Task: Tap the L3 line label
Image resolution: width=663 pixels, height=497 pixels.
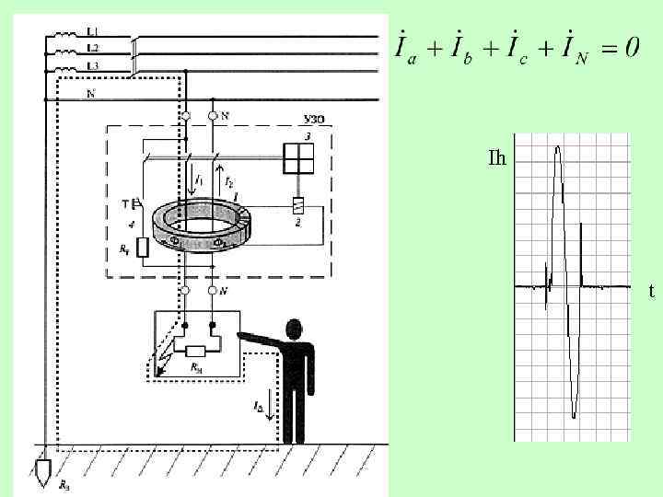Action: click(x=92, y=66)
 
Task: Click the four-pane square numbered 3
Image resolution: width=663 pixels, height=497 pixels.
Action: click(x=298, y=158)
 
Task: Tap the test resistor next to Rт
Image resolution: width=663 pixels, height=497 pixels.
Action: click(x=143, y=248)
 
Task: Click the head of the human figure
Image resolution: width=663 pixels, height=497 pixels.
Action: click(x=296, y=329)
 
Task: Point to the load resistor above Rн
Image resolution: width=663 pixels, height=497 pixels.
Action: click(x=196, y=351)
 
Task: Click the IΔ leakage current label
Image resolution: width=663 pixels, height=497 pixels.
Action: click(x=259, y=406)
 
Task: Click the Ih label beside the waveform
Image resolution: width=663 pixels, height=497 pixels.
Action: click(x=497, y=158)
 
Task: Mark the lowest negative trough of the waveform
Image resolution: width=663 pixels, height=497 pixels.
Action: click(x=574, y=416)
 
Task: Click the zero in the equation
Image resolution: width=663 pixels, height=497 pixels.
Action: click(x=631, y=48)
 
